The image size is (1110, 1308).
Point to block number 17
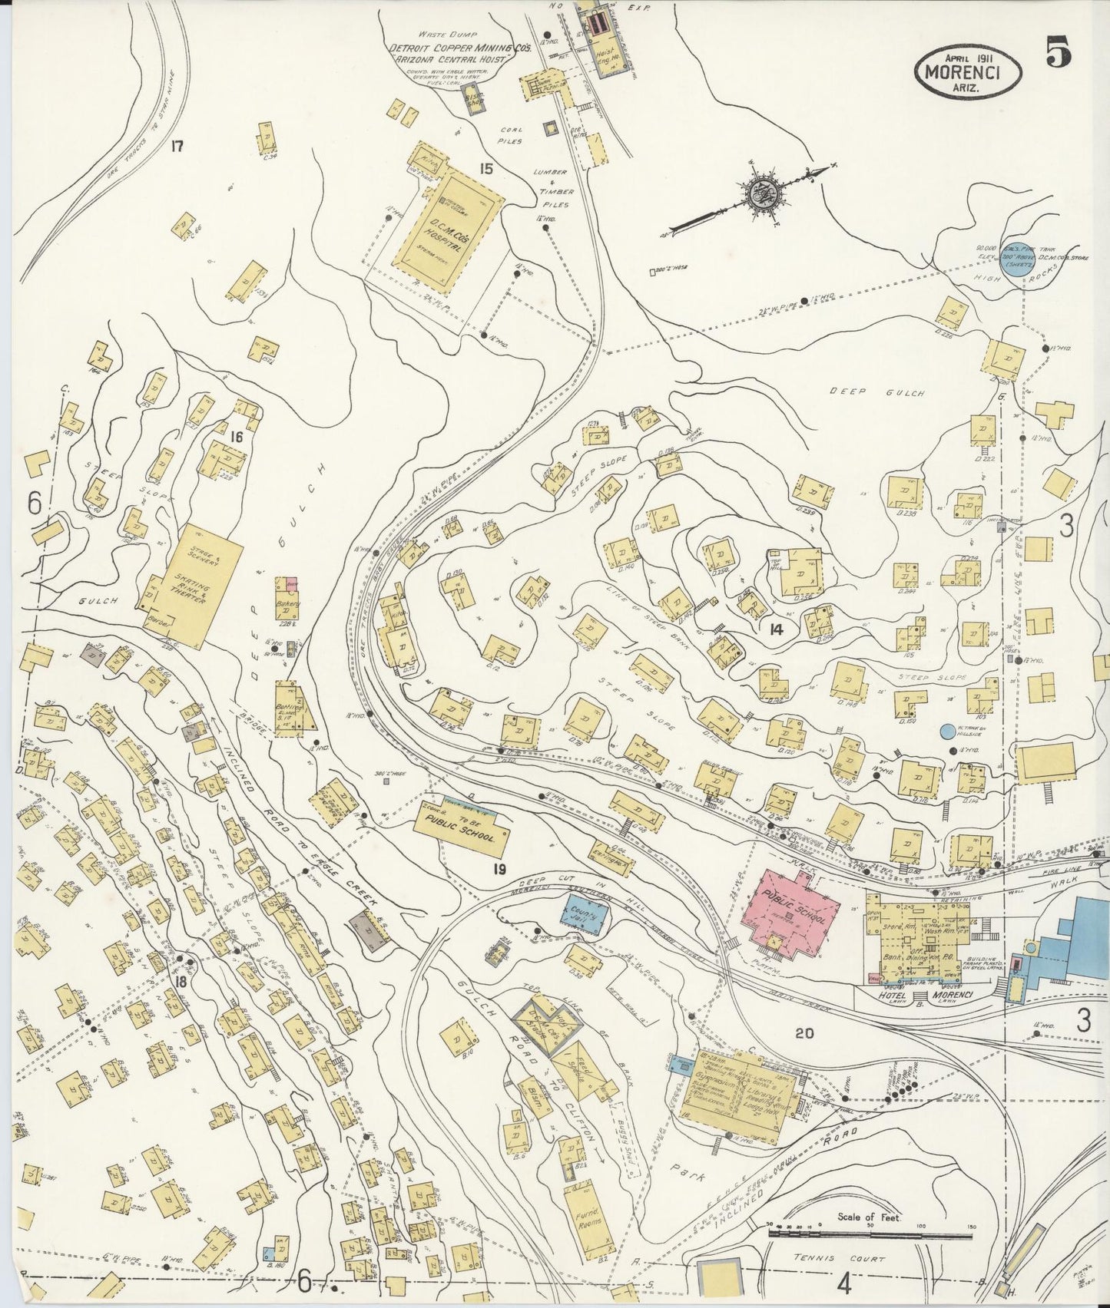pyautogui.click(x=177, y=146)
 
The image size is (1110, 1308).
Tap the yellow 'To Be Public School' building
pyautogui.click(x=462, y=828)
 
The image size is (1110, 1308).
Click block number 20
pyautogui.click(x=804, y=1033)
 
